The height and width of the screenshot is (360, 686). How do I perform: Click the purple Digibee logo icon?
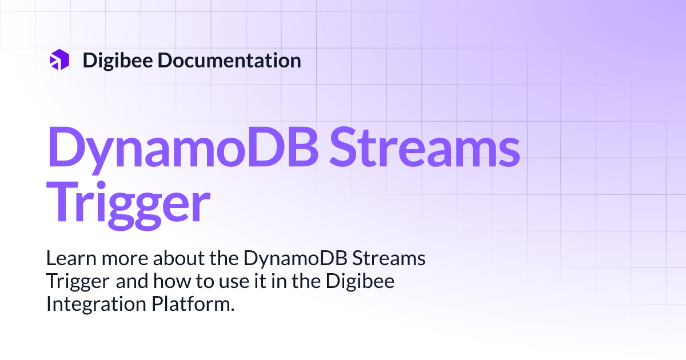tap(59, 60)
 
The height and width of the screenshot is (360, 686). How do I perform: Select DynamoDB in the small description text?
tap(296, 259)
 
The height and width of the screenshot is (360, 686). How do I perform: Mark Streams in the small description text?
tap(389, 259)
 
